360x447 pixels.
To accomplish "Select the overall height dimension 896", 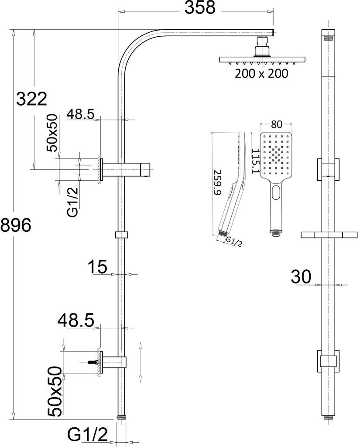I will point(16,226).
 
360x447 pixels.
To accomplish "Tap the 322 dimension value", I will point(31,99).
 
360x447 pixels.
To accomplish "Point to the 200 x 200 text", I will point(261,74).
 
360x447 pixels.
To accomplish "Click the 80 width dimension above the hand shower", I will point(276,124).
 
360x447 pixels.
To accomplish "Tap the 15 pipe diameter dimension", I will point(97,266).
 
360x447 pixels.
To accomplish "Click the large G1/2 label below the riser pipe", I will point(88,435).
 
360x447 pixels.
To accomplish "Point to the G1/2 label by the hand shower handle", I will point(234,242).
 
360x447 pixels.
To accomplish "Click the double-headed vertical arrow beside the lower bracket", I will point(141,361).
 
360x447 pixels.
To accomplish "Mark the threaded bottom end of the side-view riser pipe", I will point(121,417).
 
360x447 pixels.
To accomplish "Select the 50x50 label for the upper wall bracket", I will point(52,132).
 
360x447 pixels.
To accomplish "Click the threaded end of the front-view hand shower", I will point(276,232).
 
